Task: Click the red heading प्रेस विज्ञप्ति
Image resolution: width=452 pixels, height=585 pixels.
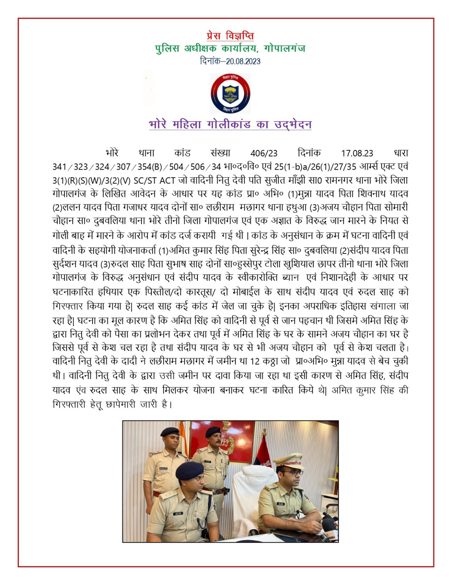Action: (230, 36)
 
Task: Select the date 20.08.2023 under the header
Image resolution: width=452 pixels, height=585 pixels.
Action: (243, 61)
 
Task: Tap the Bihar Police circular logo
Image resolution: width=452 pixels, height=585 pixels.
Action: (230, 93)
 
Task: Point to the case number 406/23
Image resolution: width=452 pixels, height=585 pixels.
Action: (264, 153)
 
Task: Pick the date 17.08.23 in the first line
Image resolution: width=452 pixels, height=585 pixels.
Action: (357, 153)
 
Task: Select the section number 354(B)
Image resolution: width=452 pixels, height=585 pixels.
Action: (150, 167)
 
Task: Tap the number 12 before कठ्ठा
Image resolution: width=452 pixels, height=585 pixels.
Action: (255, 361)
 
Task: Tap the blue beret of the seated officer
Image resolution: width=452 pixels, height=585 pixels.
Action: (189, 470)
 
